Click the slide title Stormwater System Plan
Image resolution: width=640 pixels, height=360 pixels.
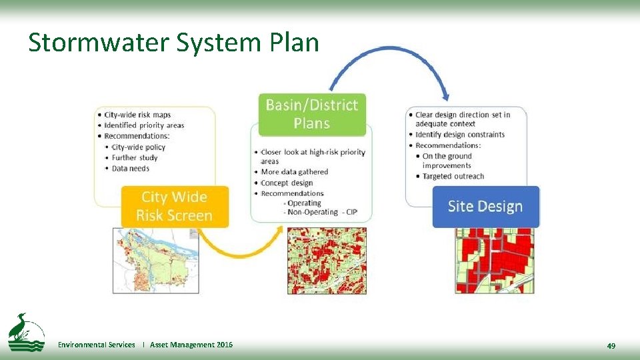point(173,43)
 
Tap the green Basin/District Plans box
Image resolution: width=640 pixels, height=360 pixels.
point(312,114)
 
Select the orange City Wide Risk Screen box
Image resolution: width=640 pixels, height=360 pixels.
point(174,206)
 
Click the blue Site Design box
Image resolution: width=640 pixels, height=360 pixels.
point(485,206)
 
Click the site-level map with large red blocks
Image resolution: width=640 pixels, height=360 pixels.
point(495,261)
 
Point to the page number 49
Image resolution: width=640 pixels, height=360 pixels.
point(611,345)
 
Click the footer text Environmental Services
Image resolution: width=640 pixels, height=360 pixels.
point(96,345)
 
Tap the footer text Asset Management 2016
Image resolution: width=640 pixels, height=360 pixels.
point(191,345)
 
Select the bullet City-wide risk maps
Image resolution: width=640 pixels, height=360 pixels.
point(141,115)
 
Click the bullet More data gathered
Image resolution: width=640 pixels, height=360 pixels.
point(294,172)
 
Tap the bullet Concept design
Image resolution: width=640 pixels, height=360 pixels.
point(287,183)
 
